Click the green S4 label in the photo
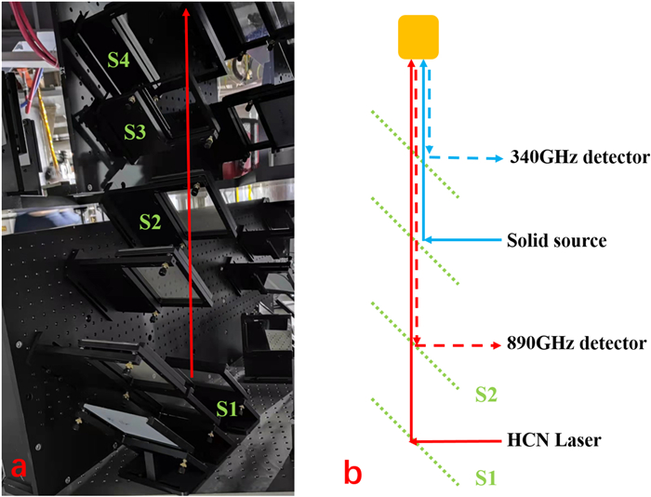(x=118, y=60)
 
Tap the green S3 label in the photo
(x=135, y=132)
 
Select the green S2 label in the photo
(x=151, y=221)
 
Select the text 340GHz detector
(x=571, y=156)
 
